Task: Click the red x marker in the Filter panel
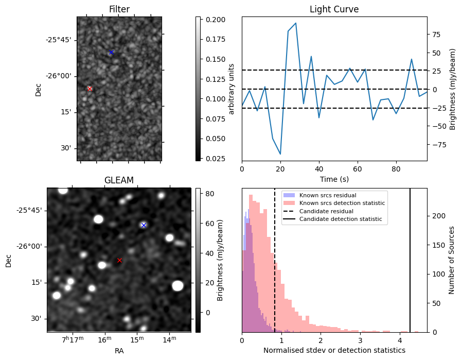point(90,89)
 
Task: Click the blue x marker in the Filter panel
point(111,52)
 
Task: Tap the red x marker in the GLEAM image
point(119,260)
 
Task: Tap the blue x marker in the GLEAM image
point(144,225)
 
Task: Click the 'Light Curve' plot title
point(334,9)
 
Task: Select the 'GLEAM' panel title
point(119,180)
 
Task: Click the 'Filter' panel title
point(119,9)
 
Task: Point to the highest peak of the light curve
point(295,23)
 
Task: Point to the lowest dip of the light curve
point(280,154)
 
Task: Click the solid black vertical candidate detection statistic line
point(410,258)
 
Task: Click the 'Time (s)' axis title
point(334,178)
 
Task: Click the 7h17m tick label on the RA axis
point(73,339)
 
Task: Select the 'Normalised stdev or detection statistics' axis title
point(334,350)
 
